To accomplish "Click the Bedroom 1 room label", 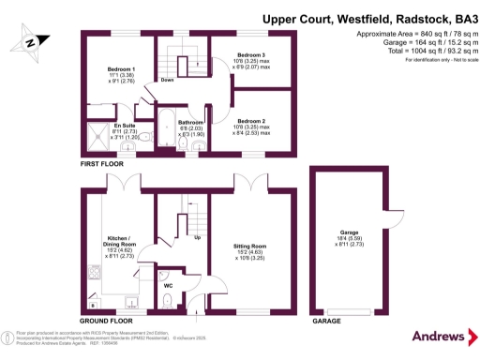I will pyautogui.click(x=121, y=70).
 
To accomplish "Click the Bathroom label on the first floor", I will pyautogui.click(x=191, y=123).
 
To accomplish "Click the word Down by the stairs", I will pyautogui.click(x=169, y=80).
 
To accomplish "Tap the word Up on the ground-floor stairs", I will pyautogui.click(x=197, y=237).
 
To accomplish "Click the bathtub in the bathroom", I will pyautogui.click(x=166, y=128).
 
